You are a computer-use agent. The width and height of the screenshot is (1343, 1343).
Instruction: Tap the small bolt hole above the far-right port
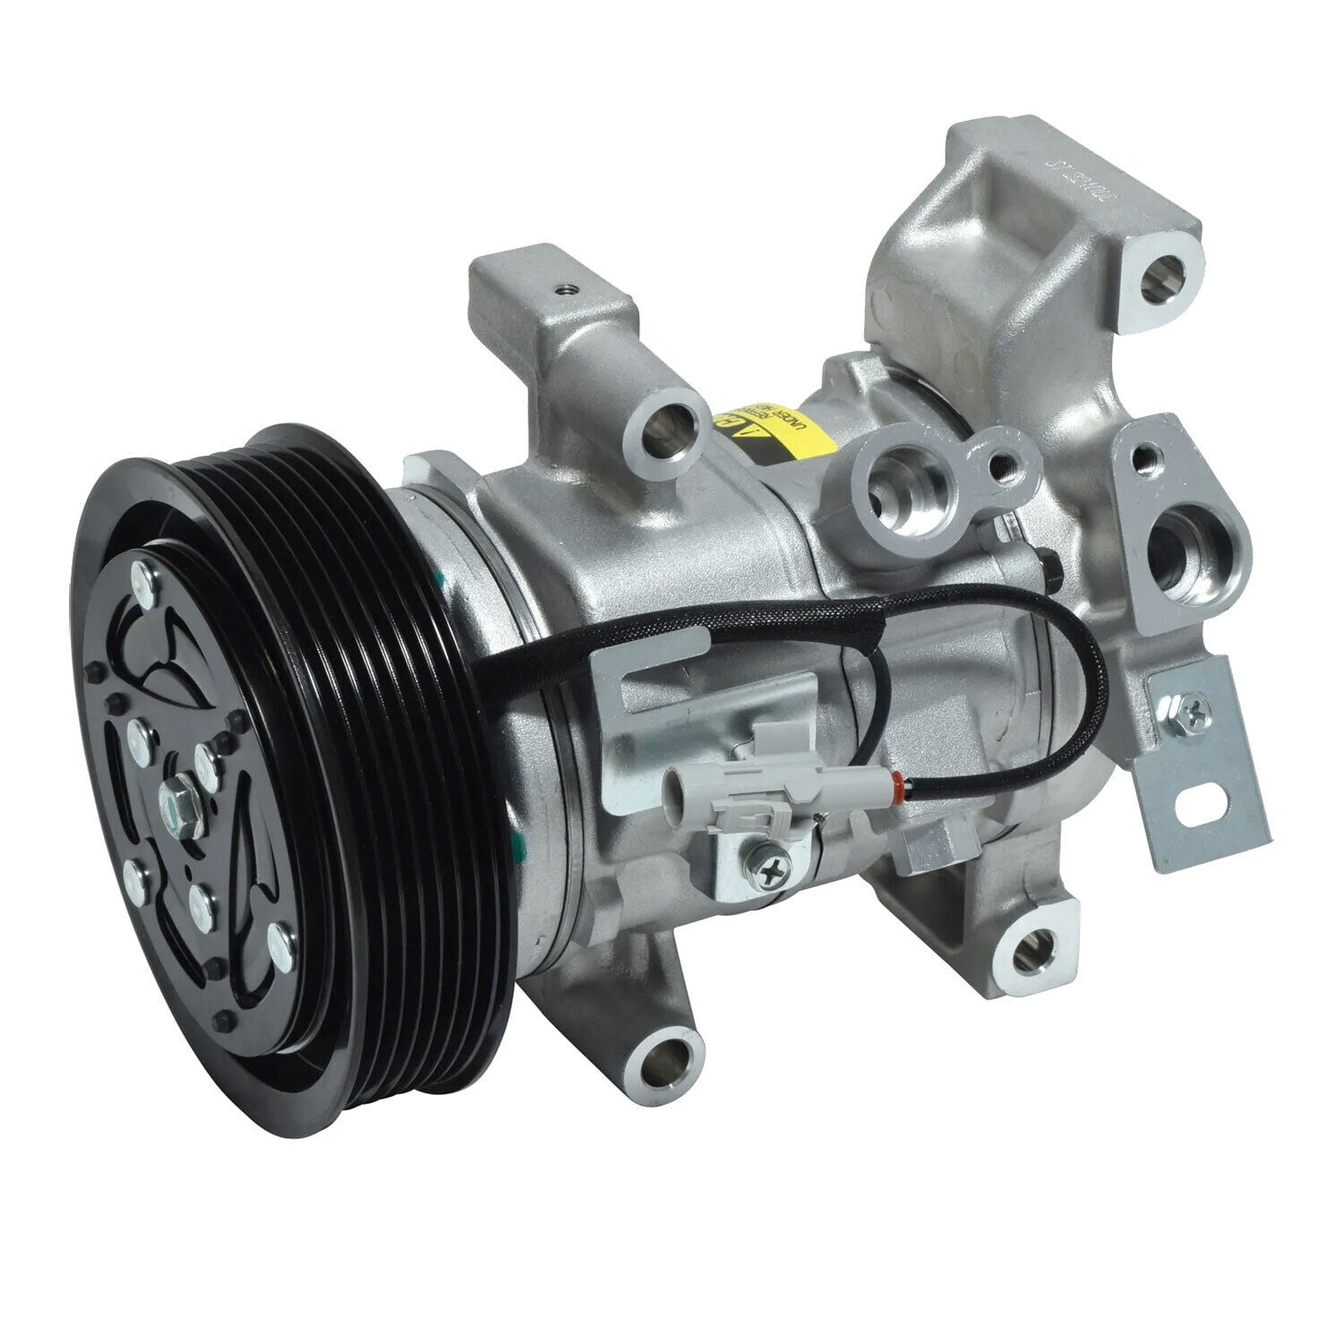click(x=1142, y=458)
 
